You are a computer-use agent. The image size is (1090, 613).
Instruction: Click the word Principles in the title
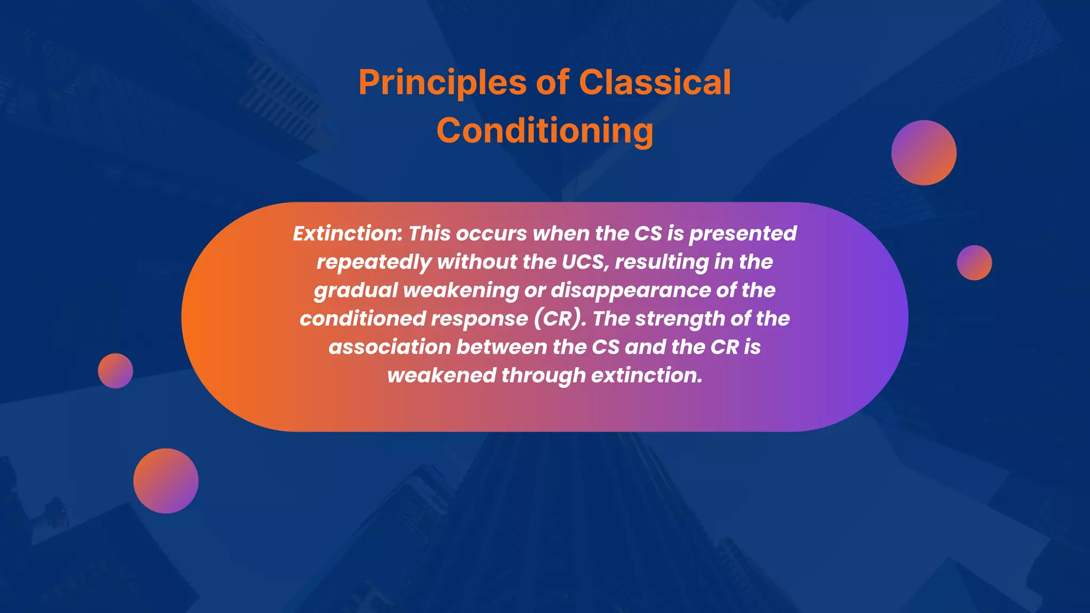[442, 83]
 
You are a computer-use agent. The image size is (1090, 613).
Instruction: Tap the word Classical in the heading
[654, 83]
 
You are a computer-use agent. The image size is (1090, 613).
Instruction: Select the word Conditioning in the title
[544, 131]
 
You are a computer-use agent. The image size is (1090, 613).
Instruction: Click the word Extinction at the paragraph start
[347, 234]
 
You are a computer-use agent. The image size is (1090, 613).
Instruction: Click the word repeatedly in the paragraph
[373, 262]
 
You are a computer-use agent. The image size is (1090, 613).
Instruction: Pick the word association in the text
[389, 347]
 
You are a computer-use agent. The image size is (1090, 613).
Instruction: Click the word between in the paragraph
[501, 347]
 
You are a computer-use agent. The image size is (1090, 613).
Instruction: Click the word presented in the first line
[742, 234]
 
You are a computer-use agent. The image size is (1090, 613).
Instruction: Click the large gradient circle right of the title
[923, 153]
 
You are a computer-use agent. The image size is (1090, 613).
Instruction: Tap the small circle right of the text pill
[974, 262]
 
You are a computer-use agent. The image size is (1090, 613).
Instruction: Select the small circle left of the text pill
[115, 371]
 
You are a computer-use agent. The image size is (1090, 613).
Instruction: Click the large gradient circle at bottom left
[166, 481]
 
